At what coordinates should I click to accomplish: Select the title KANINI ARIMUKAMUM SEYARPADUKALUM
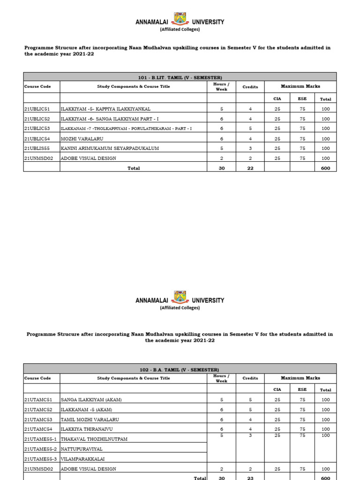point(110,149)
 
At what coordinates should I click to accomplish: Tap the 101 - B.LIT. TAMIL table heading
point(180,77)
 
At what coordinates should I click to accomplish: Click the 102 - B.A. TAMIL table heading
point(180,370)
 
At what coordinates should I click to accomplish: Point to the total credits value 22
point(250,168)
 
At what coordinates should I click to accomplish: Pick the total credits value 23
point(250,478)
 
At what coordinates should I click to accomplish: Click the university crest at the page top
point(180,19)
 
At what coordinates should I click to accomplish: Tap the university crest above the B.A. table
point(180,297)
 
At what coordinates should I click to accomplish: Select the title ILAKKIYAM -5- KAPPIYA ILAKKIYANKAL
point(105,109)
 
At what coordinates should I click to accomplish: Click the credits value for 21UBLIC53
point(250,128)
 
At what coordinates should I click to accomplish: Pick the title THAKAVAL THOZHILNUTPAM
point(94,439)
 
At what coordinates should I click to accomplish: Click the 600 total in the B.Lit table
point(325,168)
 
